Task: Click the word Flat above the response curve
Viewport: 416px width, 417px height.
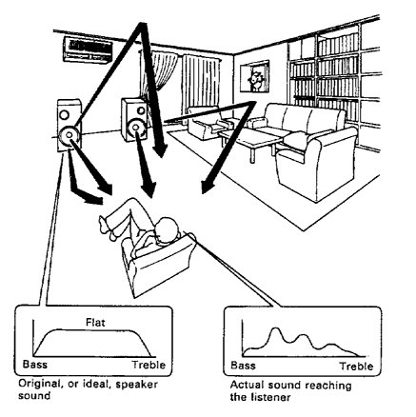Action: click(x=95, y=323)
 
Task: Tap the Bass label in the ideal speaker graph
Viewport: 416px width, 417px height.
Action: click(x=35, y=364)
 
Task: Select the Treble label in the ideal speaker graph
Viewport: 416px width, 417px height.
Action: click(x=149, y=365)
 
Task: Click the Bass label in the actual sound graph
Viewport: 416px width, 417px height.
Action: click(x=243, y=366)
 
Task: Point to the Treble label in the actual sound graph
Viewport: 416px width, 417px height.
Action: click(x=357, y=367)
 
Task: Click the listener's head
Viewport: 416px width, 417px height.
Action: click(x=167, y=231)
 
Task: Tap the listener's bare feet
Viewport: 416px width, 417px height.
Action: click(x=107, y=227)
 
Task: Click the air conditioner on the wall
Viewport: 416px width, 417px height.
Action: click(x=88, y=50)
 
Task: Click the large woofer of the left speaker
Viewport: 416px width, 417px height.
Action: click(x=69, y=136)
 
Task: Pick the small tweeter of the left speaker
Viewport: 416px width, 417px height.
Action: click(x=64, y=114)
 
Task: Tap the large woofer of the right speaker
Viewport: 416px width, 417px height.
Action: click(x=136, y=128)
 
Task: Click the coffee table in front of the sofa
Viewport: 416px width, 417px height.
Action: click(x=250, y=141)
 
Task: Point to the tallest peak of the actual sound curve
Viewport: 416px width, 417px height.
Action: click(x=275, y=328)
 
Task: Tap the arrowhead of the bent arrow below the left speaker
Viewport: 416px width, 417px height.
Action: click(x=94, y=200)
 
